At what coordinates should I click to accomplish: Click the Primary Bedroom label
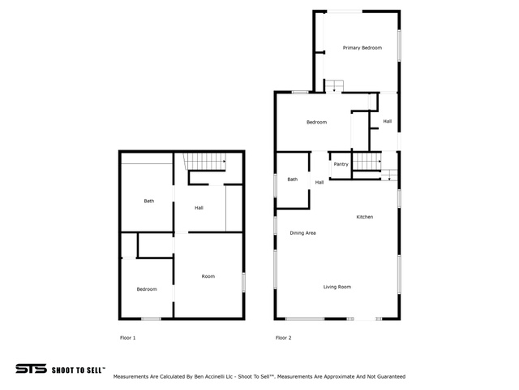click(x=362, y=48)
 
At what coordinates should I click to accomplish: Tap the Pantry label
click(x=341, y=164)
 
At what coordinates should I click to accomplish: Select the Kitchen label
click(x=365, y=217)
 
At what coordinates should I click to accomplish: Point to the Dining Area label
click(x=302, y=233)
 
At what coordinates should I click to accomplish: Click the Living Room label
click(x=337, y=287)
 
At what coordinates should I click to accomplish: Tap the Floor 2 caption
click(x=284, y=338)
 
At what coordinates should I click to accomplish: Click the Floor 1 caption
click(x=128, y=338)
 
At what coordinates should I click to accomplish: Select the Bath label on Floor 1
click(x=149, y=201)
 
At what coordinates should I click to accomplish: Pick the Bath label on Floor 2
click(x=292, y=180)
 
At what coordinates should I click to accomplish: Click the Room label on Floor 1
click(x=208, y=276)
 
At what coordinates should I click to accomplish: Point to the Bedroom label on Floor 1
click(x=147, y=289)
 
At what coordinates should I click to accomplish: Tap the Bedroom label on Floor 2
click(x=316, y=123)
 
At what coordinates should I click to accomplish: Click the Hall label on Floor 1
click(x=199, y=208)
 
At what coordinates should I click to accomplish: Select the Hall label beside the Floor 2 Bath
click(x=320, y=182)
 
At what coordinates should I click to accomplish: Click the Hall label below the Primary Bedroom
click(x=388, y=121)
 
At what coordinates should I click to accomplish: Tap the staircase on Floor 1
click(x=205, y=162)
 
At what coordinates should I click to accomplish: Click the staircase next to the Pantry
click(x=367, y=161)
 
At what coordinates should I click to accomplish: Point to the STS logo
click(x=31, y=369)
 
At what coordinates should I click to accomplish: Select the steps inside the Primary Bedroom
click(x=334, y=86)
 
